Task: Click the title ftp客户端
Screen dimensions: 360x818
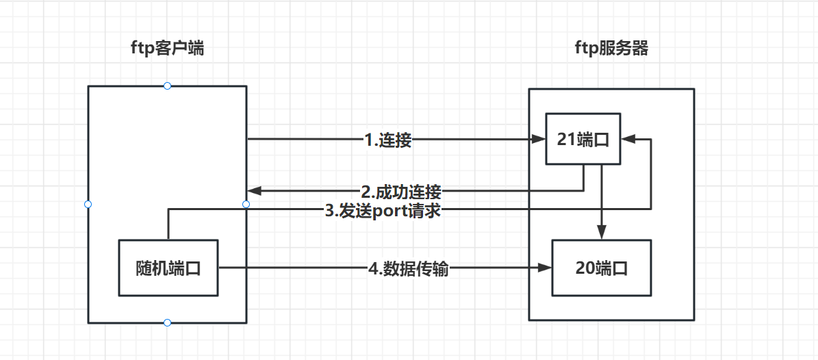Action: tap(167, 49)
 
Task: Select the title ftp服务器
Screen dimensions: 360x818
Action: tap(611, 49)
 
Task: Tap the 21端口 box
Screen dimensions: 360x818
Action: tap(583, 140)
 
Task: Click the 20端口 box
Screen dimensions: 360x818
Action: tap(601, 268)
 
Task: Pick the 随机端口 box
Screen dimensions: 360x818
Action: tap(168, 268)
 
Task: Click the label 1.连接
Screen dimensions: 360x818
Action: tap(388, 140)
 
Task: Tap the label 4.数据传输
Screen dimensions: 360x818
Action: tap(409, 269)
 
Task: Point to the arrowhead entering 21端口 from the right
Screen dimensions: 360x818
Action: tap(626, 140)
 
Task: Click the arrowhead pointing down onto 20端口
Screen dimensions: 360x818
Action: tap(601, 235)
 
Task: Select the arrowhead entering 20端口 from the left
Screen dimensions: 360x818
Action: tap(547, 268)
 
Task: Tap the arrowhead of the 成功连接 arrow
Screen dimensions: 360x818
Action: tap(252, 190)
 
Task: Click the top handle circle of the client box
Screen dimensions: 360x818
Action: tap(167, 86)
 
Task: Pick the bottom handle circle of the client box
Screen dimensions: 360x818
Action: tap(167, 322)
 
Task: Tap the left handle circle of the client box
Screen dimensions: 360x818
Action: tap(88, 204)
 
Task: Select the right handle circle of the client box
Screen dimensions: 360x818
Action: tap(246, 204)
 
